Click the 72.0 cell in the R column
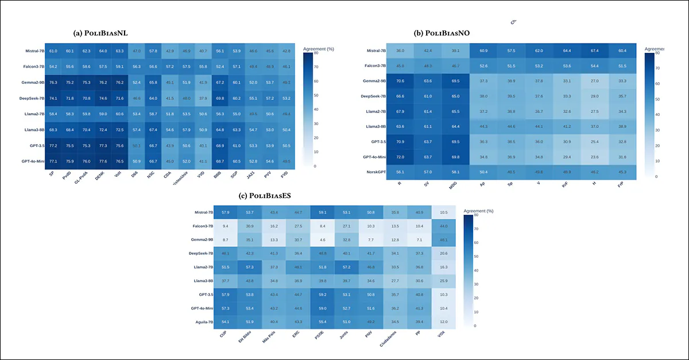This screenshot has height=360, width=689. pyautogui.click(x=400, y=156)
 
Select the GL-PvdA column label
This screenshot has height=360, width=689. pyautogui.click(x=83, y=180)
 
